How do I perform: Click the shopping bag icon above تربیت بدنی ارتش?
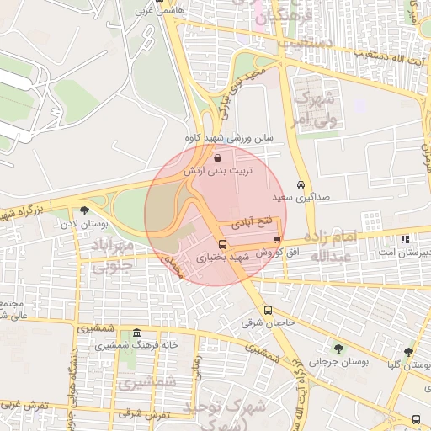click(x=219, y=157)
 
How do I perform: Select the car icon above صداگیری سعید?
click(x=301, y=184)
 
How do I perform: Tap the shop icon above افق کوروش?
click(x=277, y=242)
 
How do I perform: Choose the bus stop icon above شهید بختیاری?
click(x=222, y=246)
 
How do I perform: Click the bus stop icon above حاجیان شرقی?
click(x=268, y=310)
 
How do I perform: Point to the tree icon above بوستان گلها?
click(x=408, y=352)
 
